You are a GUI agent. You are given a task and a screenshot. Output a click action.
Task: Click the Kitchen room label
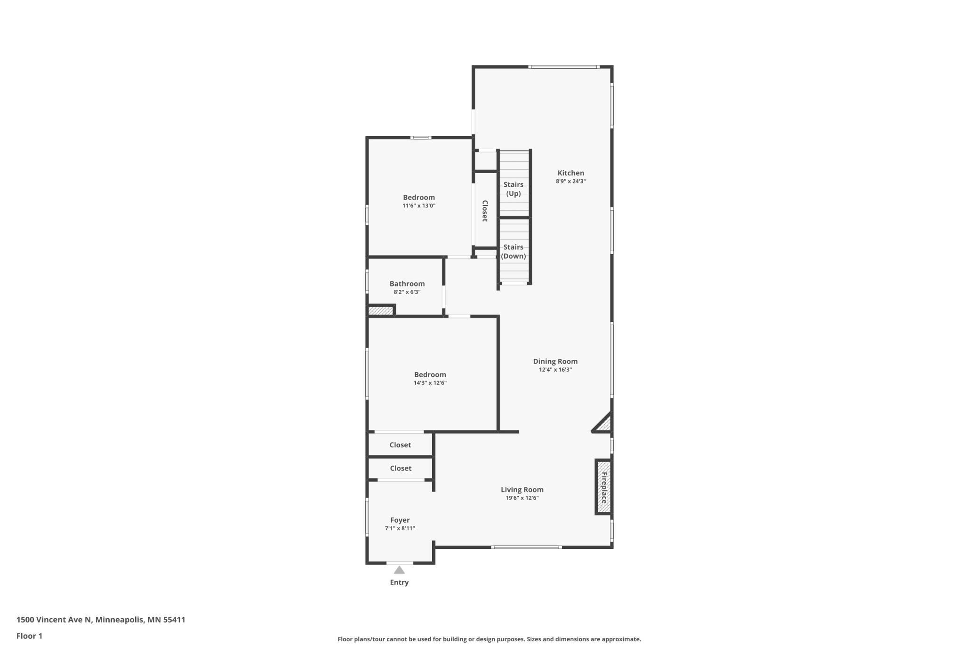pos(570,173)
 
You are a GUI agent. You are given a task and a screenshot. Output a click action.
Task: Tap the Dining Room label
pos(555,361)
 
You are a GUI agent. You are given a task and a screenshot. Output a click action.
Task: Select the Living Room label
pos(522,490)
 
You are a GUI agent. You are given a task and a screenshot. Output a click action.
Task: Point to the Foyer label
pos(400,520)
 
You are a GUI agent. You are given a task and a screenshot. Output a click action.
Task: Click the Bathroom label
pos(407,284)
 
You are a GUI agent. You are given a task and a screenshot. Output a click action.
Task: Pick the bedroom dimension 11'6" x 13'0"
pos(419,206)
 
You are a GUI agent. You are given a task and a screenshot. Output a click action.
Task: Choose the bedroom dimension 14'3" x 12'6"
pos(430,383)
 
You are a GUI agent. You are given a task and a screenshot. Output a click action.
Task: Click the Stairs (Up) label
pos(514,189)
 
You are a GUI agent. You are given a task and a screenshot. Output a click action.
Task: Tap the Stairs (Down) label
pos(514,252)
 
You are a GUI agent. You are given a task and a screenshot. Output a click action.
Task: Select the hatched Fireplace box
pos(603,487)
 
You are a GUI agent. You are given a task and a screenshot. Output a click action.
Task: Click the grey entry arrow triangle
pos(399,570)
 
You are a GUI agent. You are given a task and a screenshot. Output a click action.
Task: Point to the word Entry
pos(399,582)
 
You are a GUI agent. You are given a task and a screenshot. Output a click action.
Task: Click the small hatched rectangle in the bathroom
pos(381,310)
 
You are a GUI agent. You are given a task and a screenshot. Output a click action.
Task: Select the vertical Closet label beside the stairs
pos(485,211)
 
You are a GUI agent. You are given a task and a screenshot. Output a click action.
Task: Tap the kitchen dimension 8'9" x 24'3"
pos(570,181)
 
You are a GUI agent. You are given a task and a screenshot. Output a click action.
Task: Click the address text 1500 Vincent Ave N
pos(54,620)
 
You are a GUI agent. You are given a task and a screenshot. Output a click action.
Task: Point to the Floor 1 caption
pos(29,636)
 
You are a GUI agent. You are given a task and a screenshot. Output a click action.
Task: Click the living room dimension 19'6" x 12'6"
pos(522,498)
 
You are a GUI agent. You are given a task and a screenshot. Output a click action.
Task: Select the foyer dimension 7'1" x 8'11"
pos(400,528)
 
